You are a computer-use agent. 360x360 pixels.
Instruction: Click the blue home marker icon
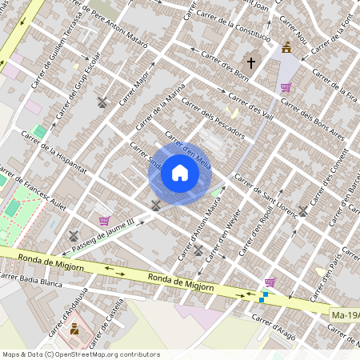(x=180, y=173)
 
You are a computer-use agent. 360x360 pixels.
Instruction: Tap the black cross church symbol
(x=250, y=62)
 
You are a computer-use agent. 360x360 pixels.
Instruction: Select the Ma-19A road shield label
(x=344, y=317)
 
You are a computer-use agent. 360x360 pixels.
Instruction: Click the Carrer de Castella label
(x=110, y=317)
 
